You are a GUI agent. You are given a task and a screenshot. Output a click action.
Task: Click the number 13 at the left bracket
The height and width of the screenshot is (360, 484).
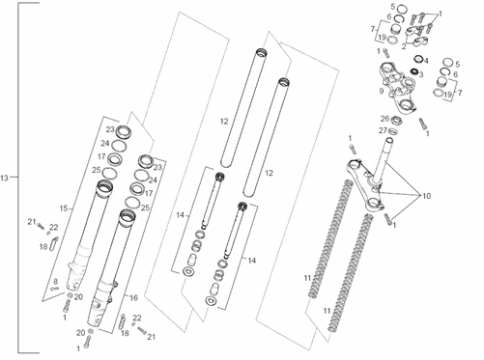pos(4,178)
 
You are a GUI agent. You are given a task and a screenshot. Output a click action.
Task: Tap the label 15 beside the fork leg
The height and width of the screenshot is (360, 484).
pos(64,208)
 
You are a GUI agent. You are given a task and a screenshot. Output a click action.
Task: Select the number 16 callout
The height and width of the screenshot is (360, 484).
pos(133,297)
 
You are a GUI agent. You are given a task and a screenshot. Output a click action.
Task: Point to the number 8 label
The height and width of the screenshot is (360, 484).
pos(55,282)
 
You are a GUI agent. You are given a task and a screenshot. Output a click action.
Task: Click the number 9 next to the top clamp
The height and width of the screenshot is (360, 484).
pos(382,91)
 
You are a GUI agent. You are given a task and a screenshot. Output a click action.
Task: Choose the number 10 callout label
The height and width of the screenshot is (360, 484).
pos(426,196)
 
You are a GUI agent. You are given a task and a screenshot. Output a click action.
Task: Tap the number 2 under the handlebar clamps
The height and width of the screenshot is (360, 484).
pos(404,46)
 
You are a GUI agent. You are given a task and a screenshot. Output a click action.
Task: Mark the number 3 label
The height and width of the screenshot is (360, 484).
pos(421,74)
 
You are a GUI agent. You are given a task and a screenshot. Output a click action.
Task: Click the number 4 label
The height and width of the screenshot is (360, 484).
pos(426,61)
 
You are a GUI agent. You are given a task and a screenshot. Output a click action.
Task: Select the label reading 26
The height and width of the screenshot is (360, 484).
pos(385,119)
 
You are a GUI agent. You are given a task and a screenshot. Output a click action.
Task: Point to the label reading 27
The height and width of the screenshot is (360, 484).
pos(383,130)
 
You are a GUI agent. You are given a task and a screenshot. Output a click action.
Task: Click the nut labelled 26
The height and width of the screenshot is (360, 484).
pos(396,121)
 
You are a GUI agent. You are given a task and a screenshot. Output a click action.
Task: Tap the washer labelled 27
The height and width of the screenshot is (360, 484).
pos(392,131)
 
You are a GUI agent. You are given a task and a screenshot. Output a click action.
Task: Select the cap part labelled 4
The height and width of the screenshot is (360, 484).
pos(418,60)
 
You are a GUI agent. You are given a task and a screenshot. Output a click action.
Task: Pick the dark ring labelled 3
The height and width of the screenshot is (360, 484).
pos(413,71)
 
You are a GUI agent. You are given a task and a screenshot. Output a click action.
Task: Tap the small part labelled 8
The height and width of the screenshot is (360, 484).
pos(55,289)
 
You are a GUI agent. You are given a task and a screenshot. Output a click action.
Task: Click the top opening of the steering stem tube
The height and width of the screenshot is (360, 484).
pos(389,140)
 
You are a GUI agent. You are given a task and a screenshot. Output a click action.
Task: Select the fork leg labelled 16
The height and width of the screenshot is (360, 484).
pos(110,267)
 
